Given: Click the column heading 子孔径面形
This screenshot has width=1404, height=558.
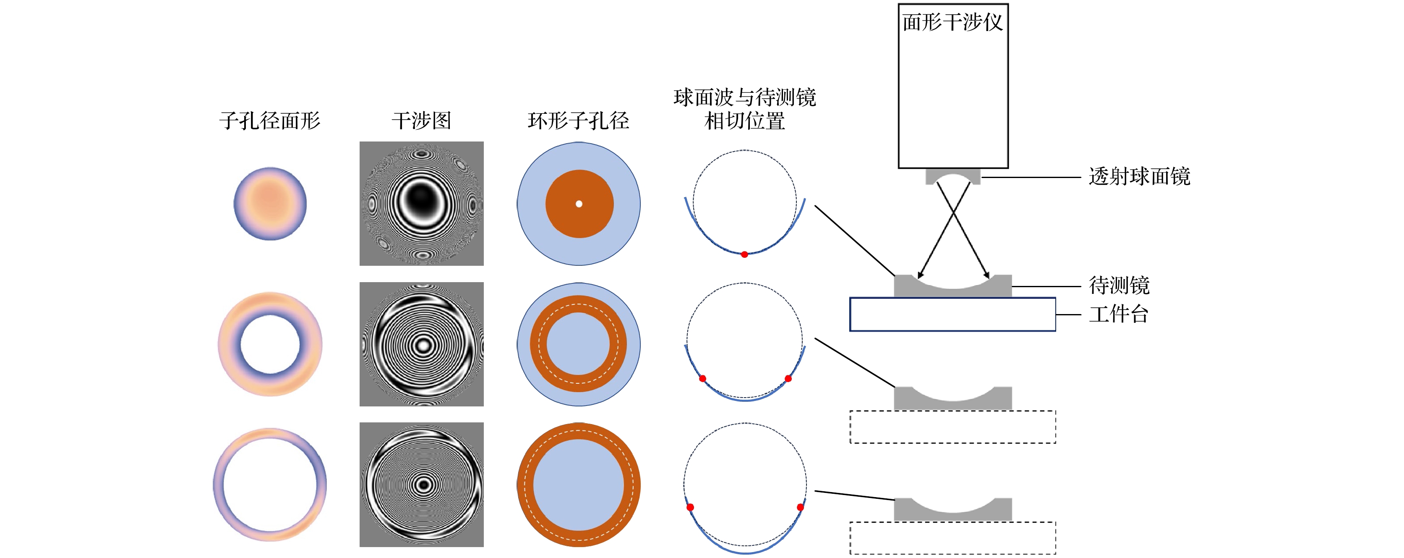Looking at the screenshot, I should pos(269,121).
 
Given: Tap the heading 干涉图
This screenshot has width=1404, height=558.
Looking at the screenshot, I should pos(421,121).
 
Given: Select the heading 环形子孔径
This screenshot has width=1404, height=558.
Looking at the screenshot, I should pos(578,121).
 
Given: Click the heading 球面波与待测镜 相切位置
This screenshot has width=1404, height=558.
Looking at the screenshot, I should pos(744,109).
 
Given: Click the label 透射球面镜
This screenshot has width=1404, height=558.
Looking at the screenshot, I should pos(1139,177).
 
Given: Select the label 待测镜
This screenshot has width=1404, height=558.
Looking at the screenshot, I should pos(1119,285).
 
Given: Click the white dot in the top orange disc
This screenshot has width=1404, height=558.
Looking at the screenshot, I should pos(579,204).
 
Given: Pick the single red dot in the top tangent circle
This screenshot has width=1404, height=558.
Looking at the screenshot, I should pos(744,254).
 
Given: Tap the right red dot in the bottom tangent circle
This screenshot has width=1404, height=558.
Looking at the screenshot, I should pos(800,507).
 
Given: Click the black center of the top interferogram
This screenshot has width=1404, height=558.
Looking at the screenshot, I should pos(421,199).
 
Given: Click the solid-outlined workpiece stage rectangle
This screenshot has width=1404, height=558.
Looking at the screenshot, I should pos(952,314).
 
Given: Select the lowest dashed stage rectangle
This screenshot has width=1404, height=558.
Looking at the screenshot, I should pos(952,538).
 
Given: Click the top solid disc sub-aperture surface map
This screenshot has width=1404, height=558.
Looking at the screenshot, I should pos(270,204).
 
